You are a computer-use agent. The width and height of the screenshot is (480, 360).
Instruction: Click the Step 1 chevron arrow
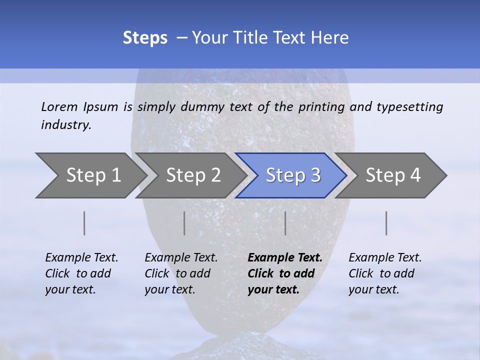[92, 175]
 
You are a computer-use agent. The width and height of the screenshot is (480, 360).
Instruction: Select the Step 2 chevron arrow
[192, 175]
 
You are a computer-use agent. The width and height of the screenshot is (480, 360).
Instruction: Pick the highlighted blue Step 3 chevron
[292, 175]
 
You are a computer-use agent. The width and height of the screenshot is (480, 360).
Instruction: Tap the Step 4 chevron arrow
[392, 175]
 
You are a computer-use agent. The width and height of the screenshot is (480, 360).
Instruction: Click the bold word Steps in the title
[145, 38]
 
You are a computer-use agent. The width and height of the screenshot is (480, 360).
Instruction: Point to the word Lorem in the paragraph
[59, 106]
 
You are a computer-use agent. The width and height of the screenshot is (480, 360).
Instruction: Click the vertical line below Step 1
[84, 223]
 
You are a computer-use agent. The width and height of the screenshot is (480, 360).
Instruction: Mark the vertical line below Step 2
[184, 223]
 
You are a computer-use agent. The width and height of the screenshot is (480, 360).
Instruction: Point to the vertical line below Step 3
[285, 223]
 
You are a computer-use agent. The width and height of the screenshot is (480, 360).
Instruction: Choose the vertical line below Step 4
[386, 223]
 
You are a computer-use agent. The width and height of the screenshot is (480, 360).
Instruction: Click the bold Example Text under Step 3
[285, 258]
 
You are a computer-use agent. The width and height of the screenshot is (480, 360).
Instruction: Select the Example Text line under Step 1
[81, 258]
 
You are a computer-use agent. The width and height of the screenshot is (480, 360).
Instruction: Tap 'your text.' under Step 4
[373, 289]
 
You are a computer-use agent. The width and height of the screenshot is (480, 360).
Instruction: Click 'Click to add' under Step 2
[177, 273]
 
